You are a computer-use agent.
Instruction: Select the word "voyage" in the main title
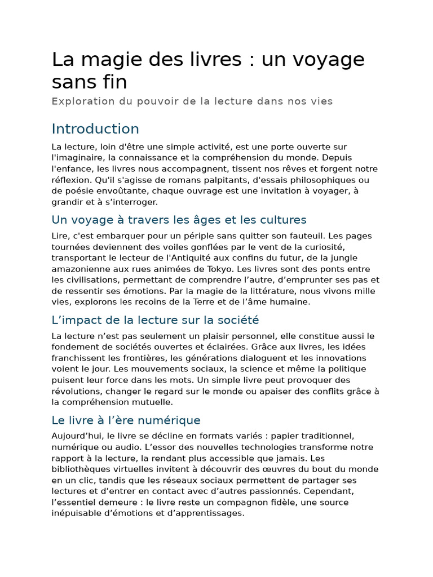pos(328,60)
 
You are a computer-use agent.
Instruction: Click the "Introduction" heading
pos(95,129)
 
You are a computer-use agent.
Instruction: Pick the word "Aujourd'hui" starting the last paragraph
pos(77,437)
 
